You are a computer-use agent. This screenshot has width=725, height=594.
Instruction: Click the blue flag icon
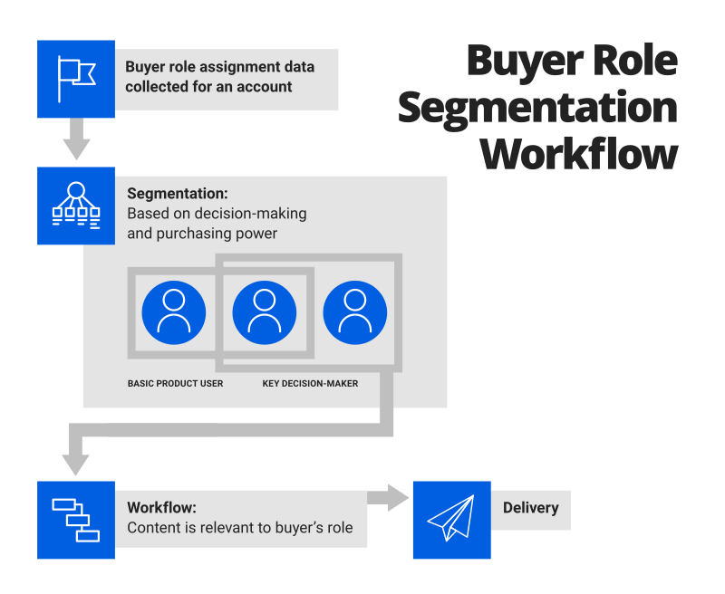pyautogui.click(x=76, y=79)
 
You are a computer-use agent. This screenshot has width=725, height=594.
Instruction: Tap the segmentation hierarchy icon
pyautogui.click(x=76, y=206)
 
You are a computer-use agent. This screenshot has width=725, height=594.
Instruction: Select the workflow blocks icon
pyautogui.click(x=76, y=520)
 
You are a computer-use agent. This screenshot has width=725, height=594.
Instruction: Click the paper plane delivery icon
pyautogui.click(x=451, y=520)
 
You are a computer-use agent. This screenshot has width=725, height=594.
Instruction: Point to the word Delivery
pyautogui.click(x=531, y=508)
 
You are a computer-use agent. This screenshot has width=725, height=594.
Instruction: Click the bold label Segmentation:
pyautogui.click(x=178, y=194)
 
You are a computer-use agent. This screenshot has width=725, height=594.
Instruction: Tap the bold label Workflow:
pyautogui.click(x=162, y=508)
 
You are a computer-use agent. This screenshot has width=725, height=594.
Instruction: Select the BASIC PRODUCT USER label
pyautogui.click(x=175, y=384)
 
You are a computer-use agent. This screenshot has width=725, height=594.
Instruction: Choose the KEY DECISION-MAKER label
pyautogui.click(x=310, y=384)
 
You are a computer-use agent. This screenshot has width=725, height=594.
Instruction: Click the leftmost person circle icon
pyautogui.click(x=174, y=312)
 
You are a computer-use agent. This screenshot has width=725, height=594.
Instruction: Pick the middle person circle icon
pyautogui.click(x=265, y=312)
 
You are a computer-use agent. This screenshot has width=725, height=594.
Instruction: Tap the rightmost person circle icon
pyautogui.click(x=355, y=312)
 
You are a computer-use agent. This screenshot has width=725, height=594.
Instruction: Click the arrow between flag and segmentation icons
pyautogui.click(x=76, y=140)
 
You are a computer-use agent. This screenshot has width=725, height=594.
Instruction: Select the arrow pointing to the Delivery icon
pyautogui.click(x=390, y=497)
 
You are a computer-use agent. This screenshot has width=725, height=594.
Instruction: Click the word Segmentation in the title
pyautogui.click(x=537, y=108)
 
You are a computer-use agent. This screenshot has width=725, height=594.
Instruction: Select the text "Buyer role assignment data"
pyautogui.click(x=220, y=67)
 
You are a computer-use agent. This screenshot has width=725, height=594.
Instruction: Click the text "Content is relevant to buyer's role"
pyautogui.click(x=240, y=528)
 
